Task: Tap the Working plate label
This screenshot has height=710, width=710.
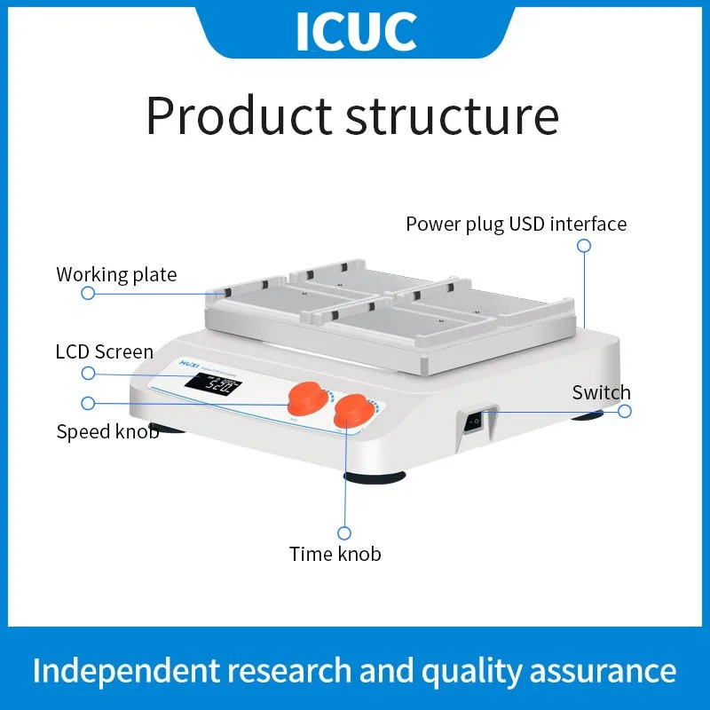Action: (116, 274)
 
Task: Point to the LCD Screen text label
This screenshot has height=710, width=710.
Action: (104, 352)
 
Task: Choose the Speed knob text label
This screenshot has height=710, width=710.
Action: (107, 432)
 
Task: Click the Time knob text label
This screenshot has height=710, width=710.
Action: (335, 554)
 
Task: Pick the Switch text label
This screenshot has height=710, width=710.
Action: (601, 392)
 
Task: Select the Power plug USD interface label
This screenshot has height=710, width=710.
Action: (516, 224)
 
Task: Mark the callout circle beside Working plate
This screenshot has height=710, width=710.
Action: (88, 294)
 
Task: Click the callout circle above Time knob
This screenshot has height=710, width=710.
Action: (344, 532)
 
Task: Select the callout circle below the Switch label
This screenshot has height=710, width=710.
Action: (625, 411)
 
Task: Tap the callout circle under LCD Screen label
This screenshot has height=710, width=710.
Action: (86, 372)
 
